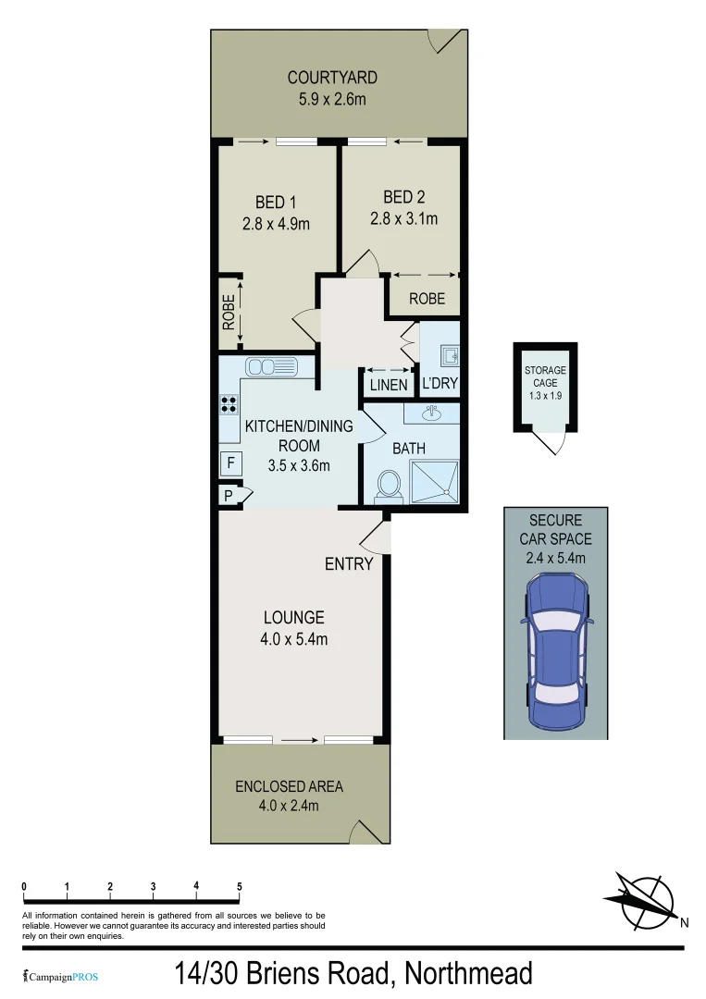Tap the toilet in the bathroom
coord(390,484)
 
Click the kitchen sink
coord(273,367)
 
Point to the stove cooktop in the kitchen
coord(229,404)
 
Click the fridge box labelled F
coord(230,462)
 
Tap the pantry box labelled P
coord(228,497)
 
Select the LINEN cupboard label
coord(388,384)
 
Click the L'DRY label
coord(440,384)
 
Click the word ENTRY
coord(349,563)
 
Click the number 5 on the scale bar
coord(240,886)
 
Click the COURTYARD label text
coord(331,78)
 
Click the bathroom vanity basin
coord(431,413)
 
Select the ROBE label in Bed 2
coord(427,299)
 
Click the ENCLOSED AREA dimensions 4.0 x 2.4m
coord(289,806)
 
